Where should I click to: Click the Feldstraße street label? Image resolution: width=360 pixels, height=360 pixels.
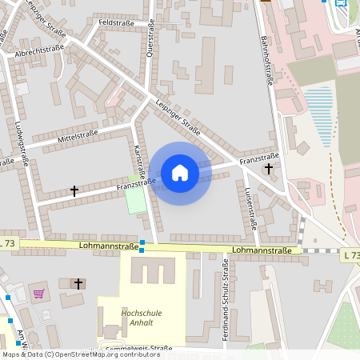[116, 23]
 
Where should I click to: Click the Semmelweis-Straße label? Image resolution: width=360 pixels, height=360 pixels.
[136, 348]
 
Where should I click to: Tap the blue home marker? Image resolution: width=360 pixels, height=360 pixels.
[180, 173]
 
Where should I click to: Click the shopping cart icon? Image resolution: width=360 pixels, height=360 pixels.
[38, 293]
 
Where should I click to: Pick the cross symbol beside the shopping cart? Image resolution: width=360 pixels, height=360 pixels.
[78, 283]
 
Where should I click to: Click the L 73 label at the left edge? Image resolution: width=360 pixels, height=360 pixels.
[8, 242]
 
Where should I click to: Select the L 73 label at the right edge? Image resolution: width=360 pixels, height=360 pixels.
[350, 254]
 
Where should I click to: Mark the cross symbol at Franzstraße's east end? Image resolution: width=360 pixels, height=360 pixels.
[269, 169]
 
